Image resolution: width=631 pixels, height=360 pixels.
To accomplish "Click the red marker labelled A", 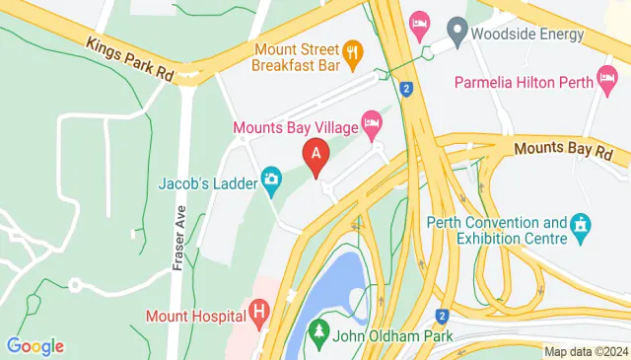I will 315,156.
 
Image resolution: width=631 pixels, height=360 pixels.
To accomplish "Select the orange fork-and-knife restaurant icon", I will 351,50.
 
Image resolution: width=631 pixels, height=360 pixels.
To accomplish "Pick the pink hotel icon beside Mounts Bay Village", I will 372,125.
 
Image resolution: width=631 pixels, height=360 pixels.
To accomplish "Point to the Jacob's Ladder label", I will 207,182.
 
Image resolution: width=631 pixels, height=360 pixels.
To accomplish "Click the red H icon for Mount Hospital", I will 259,315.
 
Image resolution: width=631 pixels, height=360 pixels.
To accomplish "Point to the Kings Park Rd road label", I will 129,60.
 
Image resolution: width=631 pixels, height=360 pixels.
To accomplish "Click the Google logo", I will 35,346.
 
